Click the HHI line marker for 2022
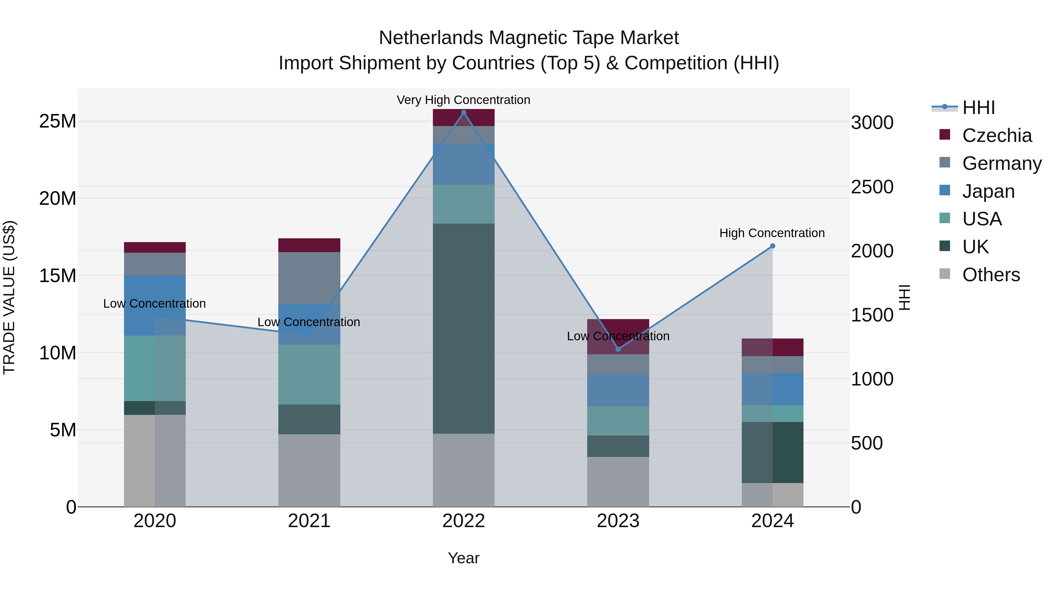[464, 113]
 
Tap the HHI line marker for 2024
[773, 246]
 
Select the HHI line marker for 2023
[618, 349]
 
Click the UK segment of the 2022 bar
[464, 328]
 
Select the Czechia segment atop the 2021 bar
[309, 245]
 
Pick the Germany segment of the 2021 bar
[309, 278]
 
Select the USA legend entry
[982, 219]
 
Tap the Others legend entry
[991, 275]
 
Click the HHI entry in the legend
[978, 108]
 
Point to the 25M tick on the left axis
[58, 122]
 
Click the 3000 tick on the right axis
[872, 123]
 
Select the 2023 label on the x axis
[618, 521]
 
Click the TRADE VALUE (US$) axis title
[9, 297]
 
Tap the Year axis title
[464, 558]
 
